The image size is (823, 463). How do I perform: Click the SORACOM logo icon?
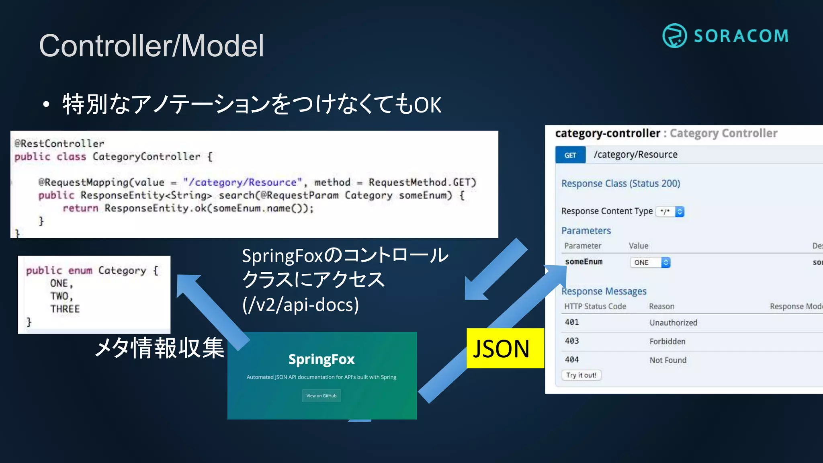(x=674, y=36)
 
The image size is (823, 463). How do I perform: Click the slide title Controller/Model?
(x=151, y=46)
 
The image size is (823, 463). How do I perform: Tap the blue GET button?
(x=570, y=155)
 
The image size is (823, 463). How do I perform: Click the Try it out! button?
(x=581, y=375)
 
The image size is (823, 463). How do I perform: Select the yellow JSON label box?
(x=505, y=348)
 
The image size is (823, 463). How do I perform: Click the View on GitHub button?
(x=321, y=396)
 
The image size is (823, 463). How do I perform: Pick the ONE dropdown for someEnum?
(x=650, y=262)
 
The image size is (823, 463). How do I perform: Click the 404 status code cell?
(x=572, y=360)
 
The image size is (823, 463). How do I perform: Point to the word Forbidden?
(x=667, y=342)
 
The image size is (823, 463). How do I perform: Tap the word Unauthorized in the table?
(x=673, y=323)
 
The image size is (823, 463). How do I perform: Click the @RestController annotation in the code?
(x=59, y=143)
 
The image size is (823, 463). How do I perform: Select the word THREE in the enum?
(x=65, y=309)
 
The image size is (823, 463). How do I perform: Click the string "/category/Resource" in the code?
(x=242, y=182)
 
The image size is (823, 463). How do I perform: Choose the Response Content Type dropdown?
(x=670, y=211)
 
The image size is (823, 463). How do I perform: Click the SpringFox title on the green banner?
(x=321, y=359)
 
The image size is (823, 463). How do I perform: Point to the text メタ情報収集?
(x=160, y=348)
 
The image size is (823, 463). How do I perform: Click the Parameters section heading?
(x=586, y=231)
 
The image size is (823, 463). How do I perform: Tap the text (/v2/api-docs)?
(x=300, y=305)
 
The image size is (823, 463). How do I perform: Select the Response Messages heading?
(x=604, y=291)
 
